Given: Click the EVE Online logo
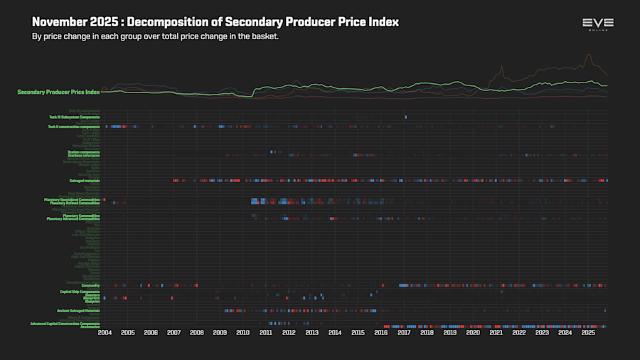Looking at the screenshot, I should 597,24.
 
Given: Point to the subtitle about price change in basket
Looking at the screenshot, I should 155,36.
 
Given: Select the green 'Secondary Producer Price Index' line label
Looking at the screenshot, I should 58,92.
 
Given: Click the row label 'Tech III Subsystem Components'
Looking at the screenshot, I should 74,117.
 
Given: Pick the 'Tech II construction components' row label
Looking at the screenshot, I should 74,127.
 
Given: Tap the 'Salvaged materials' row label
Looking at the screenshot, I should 85,181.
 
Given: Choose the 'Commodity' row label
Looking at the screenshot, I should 90,285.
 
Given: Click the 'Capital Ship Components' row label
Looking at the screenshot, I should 80,292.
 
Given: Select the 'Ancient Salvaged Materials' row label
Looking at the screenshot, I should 78,311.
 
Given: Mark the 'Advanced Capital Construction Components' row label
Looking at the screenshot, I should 65,324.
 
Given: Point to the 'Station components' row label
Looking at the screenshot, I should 83,152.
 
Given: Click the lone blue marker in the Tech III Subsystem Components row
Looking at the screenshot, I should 406,117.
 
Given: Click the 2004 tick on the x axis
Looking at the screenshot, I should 105,332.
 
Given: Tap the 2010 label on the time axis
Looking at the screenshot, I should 242,332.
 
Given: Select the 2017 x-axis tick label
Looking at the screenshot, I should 404,332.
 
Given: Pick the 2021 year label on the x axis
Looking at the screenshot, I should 496,332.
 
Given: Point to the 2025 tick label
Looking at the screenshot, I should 588,332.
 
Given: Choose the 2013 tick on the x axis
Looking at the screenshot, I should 311,332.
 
